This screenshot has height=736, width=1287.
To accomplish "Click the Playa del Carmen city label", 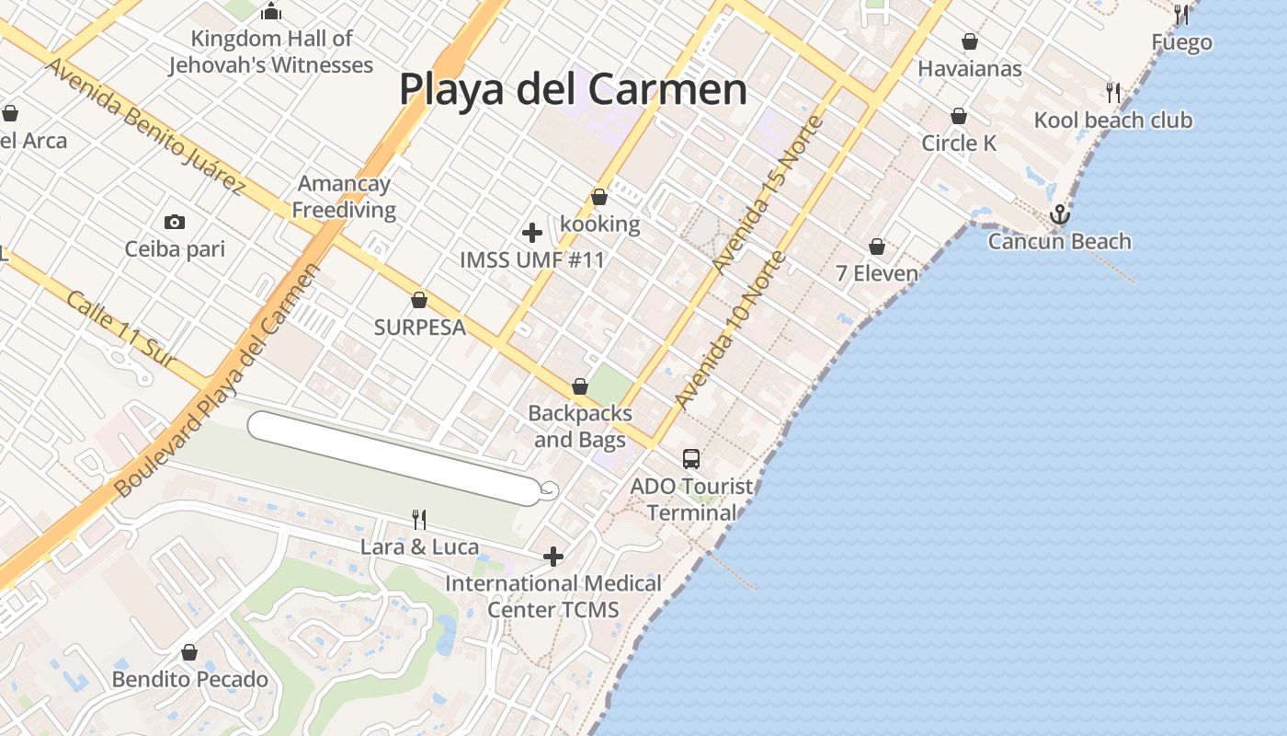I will pos(572,90).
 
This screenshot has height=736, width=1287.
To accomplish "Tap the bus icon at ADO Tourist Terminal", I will pos(690,458).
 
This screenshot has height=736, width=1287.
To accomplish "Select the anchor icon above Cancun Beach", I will pos(1060,214).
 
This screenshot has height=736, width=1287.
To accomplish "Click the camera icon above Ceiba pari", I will pos(174,222).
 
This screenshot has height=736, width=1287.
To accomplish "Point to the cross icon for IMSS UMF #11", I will pos(531,233).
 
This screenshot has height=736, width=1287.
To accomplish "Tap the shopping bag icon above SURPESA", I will pos(419,300).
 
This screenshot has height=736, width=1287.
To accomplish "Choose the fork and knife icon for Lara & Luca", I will pos(419,520).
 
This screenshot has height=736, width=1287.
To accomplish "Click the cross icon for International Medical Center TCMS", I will pos(553,557).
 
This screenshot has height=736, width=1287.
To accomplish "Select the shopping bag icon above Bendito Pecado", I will pos(189,652).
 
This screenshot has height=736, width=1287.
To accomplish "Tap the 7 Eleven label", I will pos(877,273).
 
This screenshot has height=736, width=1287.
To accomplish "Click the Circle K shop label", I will pos(959,143).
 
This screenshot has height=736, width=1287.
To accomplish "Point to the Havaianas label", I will pos(970,68).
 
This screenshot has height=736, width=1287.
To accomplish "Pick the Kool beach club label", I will pos(1113,120).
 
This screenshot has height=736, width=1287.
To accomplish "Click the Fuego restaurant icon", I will pos(1181,15).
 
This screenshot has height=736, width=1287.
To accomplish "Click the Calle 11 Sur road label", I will pos(121,329).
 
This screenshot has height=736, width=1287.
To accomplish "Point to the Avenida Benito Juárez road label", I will pos(145,126).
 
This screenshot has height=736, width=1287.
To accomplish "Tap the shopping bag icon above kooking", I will pos(599,197).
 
